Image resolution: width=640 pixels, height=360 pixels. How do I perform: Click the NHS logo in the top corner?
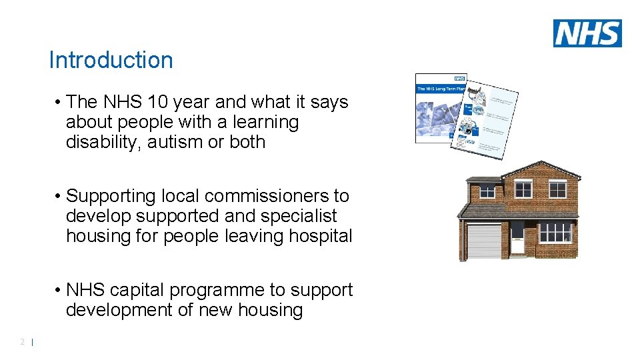(587, 33)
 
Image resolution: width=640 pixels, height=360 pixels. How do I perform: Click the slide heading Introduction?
(111, 60)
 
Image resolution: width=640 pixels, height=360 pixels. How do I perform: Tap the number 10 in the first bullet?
(158, 102)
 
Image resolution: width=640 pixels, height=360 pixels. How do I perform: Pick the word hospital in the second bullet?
(320, 236)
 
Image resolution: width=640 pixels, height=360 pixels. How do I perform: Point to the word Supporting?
(114, 196)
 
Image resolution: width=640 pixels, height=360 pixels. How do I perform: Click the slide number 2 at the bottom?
(22, 342)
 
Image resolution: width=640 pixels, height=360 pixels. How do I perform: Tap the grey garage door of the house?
(483, 241)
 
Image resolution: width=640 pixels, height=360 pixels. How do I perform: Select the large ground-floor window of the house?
(555, 233)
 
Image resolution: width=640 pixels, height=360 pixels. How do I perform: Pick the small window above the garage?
(487, 192)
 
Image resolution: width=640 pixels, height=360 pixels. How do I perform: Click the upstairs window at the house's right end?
(557, 190)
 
